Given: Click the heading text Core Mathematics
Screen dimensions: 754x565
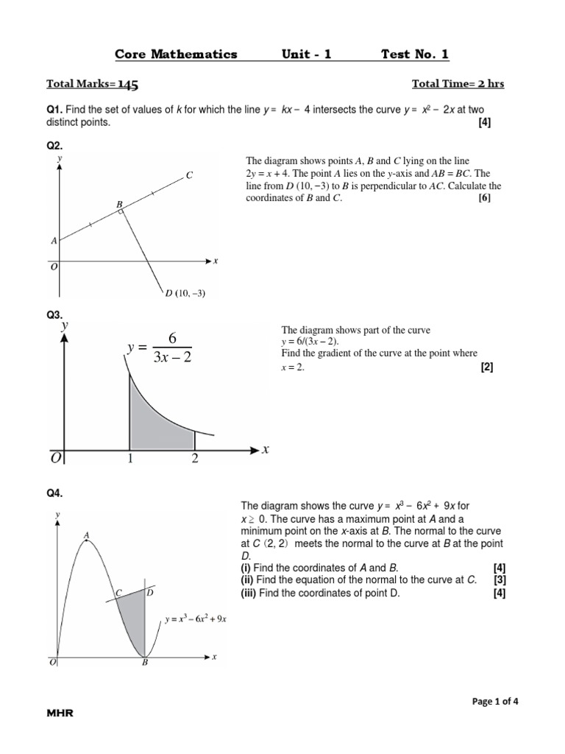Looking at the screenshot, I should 176,54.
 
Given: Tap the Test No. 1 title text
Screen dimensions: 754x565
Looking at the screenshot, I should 414,54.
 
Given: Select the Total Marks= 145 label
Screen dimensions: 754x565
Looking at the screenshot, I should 92,84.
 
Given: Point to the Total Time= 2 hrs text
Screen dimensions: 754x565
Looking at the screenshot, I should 458,84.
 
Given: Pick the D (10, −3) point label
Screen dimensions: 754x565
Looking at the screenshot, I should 185,293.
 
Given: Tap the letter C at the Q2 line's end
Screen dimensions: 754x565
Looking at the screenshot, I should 189,175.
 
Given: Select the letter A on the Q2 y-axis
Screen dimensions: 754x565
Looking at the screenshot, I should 54,241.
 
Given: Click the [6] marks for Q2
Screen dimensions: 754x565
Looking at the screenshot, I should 483,198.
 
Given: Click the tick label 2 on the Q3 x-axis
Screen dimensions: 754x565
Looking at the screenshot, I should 194,459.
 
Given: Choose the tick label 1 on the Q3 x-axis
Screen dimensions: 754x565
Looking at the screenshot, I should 130,459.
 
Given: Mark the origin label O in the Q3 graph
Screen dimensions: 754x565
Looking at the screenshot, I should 56,459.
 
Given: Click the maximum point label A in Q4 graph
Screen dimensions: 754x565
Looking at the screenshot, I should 87,535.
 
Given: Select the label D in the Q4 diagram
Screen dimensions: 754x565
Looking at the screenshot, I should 150,592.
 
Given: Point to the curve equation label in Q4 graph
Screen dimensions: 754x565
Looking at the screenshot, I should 195,619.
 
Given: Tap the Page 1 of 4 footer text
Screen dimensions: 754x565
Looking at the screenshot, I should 495,701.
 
